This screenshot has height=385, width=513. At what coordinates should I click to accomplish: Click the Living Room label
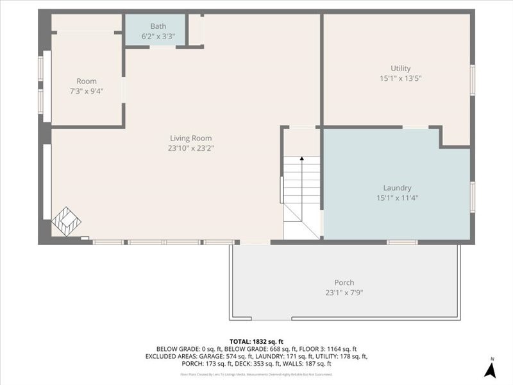pyautogui.click(x=190, y=138)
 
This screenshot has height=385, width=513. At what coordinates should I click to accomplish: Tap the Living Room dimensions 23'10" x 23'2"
pyautogui.click(x=190, y=148)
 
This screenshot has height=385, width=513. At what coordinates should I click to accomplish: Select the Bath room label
pyautogui.click(x=158, y=26)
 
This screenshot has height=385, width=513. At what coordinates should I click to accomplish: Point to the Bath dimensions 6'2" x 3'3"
pyautogui.click(x=158, y=36)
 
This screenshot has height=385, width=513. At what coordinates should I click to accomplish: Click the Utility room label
pyautogui.click(x=400, y=69)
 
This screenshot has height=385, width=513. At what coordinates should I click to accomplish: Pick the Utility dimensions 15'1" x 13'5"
pyautogui.click(x=400, y=78)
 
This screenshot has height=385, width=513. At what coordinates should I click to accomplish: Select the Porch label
pyautogui.click(x=344, y=282)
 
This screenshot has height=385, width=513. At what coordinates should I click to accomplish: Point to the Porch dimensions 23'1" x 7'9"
pyautogui.click(x=344, y=293)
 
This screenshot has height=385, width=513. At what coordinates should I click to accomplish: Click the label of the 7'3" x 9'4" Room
pyautogui.click(x=87, y=81)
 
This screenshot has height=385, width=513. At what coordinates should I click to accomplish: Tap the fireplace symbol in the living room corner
pyautogui.click(x=66, y=221)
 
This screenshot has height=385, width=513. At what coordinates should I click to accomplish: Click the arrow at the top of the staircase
pyautogui.click(x=301, y=158)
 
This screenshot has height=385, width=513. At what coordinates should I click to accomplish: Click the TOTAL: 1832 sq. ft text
pyautogui.click(x=256, y=341)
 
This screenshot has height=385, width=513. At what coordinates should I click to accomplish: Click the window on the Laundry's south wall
pyautogui.click(x=402, y=242)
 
